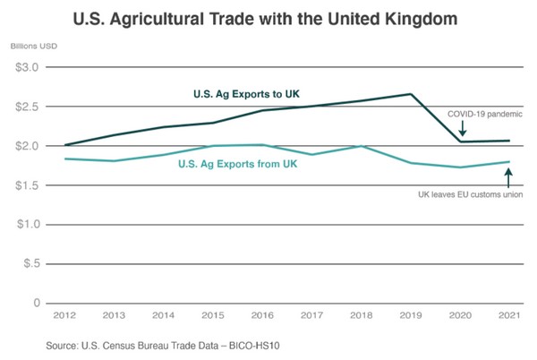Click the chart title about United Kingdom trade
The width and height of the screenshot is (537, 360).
tap(269, 17)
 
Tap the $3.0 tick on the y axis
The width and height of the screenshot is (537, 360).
tap(25, 68)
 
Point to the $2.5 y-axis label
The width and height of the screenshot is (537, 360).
tap(25, 107)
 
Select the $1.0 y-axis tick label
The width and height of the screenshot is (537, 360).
tap(25, 225)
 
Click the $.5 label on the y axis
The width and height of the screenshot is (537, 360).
tap(28, 264)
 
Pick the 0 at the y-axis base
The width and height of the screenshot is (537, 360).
tap(35, 304)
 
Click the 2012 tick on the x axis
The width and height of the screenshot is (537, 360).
tap(65, 316)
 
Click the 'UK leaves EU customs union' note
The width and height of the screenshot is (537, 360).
tap(471, 194)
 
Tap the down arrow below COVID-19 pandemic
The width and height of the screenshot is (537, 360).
tap(462, 132)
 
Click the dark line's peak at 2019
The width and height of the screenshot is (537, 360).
tap(410, 94)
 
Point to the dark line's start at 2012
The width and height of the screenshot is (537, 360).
tap(65, 144)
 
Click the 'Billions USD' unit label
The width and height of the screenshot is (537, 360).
tap(30, 45)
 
